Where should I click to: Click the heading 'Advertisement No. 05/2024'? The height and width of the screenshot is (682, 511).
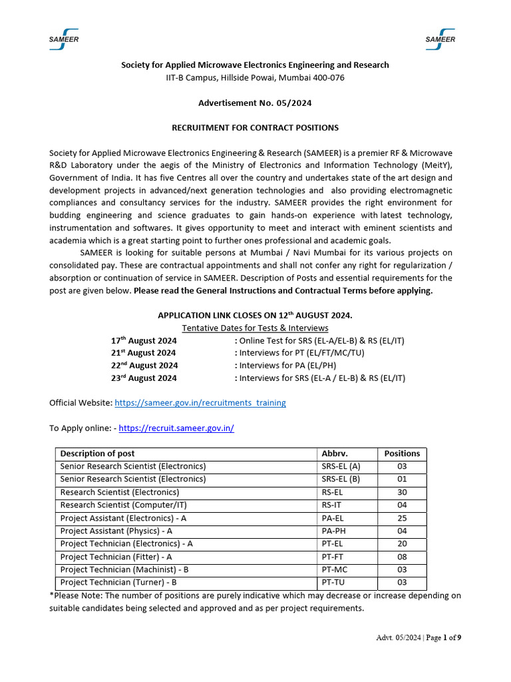click(x=255, y=103)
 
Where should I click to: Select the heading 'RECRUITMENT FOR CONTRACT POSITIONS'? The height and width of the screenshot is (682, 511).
click(x=255, y=127)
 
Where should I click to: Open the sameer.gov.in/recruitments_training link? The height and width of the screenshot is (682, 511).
click(x=200, y=403)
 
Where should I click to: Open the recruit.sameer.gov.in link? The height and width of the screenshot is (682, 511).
click(x=176, y=428)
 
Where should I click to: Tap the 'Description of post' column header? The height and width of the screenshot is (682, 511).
click(x=97, y=454)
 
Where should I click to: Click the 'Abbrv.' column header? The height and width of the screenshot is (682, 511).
click(x=335, y=454)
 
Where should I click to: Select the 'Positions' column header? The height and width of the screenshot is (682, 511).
click(x=402, y=454)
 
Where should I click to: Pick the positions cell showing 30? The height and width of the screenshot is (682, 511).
click(x=402, y=492)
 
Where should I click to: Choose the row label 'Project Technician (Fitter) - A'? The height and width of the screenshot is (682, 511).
click(x=116, y=557)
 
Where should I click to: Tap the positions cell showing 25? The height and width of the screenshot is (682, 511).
click(x=402, y=518)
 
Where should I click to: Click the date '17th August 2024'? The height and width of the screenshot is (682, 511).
click(x=143, y=340)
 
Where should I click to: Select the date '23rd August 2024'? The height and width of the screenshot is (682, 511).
click(x=144, y=378)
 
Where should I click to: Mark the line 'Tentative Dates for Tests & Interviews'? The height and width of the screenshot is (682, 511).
click(x=255, y=328)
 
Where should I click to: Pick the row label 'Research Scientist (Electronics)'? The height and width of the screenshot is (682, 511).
click(x=120, y=492)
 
